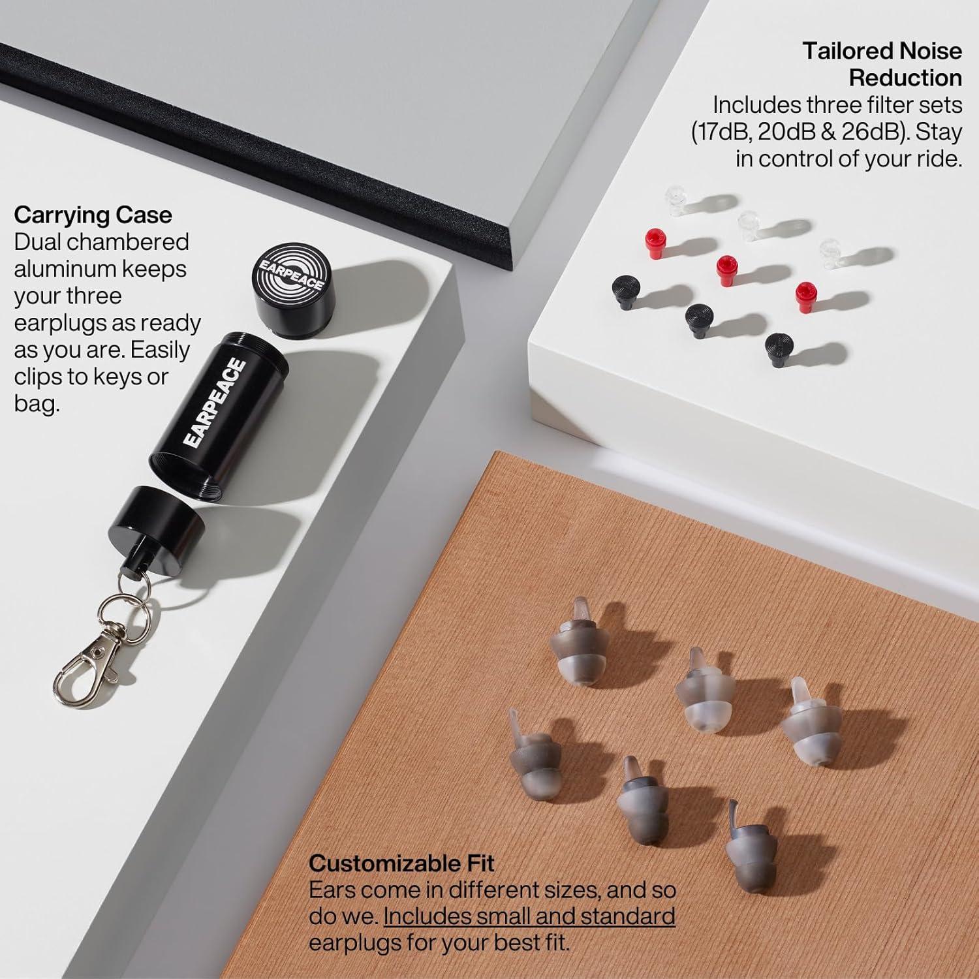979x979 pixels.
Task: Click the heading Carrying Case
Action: (x=93, y=215)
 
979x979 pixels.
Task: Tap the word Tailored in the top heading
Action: (x=846, y=51)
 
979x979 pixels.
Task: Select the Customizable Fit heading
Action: (x=401, y=863)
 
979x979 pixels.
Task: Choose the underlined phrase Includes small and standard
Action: (x=529, y=916)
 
